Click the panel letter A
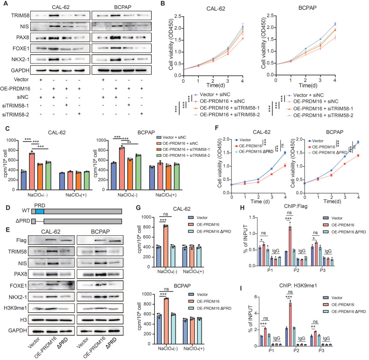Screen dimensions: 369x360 (6, 4)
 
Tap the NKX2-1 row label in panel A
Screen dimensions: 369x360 (21, 59)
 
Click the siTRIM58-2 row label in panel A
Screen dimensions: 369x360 (15, 115)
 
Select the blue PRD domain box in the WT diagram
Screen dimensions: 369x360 (40, 212)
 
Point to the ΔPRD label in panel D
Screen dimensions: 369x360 (23, 221)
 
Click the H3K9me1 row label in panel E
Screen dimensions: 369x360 (15, 308)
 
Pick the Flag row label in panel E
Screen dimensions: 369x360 (21, 240)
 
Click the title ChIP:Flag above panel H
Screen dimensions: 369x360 (296, 206)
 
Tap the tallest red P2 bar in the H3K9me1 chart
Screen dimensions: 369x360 (290, 324)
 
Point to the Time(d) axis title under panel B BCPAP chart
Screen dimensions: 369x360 (308, 85)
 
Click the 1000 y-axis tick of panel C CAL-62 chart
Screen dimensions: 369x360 (11, 140)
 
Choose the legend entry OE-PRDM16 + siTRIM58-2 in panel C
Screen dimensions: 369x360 (186, 155)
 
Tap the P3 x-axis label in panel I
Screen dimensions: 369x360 (321, 351)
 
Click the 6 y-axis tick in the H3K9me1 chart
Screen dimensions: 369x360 (256, 297)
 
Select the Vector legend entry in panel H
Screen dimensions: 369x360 (333, 218)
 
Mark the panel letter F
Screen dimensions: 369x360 (217, 128)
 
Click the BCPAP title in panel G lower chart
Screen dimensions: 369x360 (182, 286)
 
